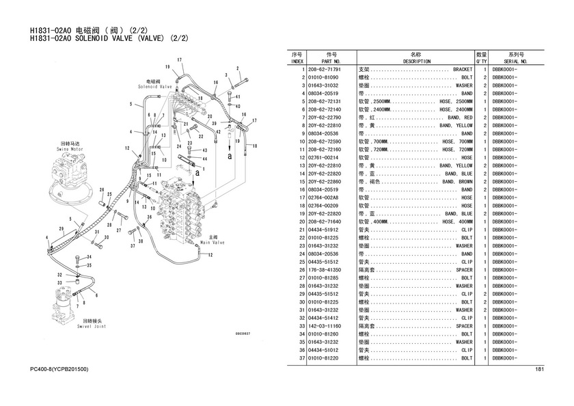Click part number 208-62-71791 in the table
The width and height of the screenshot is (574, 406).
coord(324,70)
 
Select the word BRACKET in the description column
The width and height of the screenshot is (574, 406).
coord(463,70)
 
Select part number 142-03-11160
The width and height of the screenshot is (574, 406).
coord(324,327)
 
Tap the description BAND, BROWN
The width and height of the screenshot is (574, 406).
coord(457,182)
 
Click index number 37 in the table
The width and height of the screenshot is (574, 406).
coord(301,358)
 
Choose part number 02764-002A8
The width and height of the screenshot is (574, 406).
coord(324,198)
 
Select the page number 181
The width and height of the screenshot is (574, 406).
coord(538,370)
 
